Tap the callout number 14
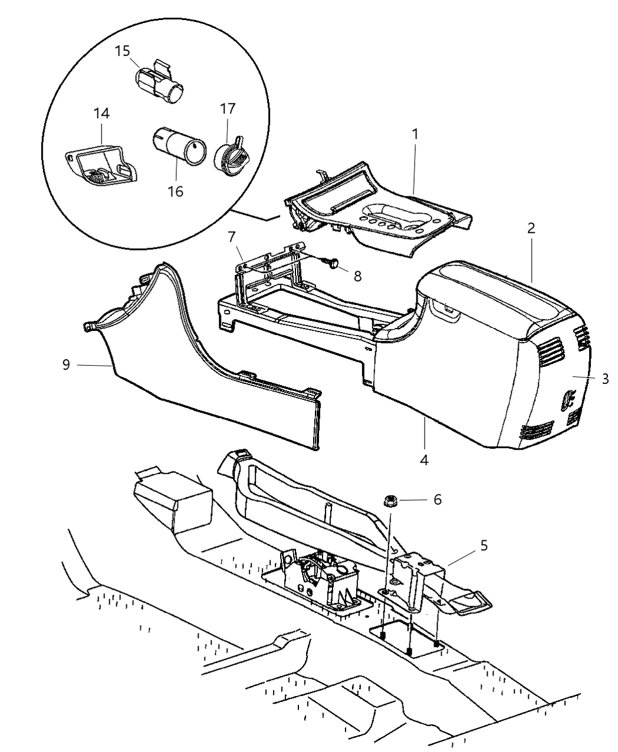point(101,113)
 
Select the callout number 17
point(228,109)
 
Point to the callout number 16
point(175,191)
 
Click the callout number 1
point(415,134)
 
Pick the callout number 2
point(531,228)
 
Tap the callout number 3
point(605,379)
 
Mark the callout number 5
point(484,546)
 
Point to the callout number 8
point(357,276)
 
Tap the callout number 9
point(66,365)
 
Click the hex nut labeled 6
point(392,501)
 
